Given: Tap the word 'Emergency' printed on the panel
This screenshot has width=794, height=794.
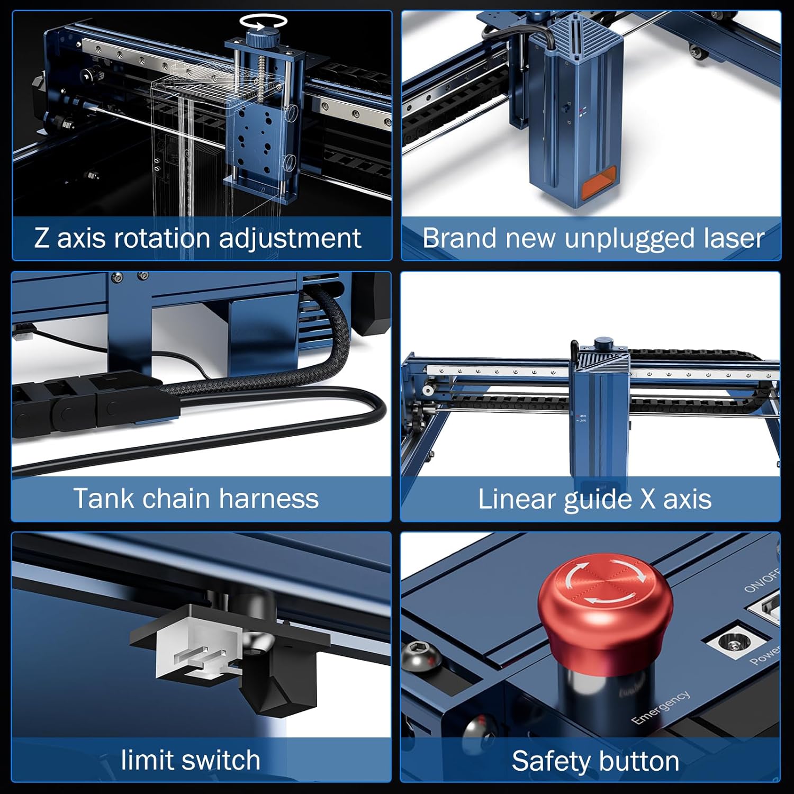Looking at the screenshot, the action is tap(661, 707).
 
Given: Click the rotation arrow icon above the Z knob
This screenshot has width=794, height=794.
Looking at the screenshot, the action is tap(263, 21).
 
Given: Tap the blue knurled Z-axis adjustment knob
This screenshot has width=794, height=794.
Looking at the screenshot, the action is tap(263, 39).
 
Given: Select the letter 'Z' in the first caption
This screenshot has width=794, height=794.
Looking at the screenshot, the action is tap(42, 238).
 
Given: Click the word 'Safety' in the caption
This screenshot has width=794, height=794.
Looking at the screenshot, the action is tap(549, 762).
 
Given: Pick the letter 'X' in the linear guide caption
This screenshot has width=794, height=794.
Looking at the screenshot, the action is tap(647, 500).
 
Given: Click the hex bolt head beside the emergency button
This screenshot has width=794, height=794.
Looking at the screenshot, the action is tap(422, 656).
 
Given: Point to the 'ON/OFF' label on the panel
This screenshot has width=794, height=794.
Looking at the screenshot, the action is tap(762, 580).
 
